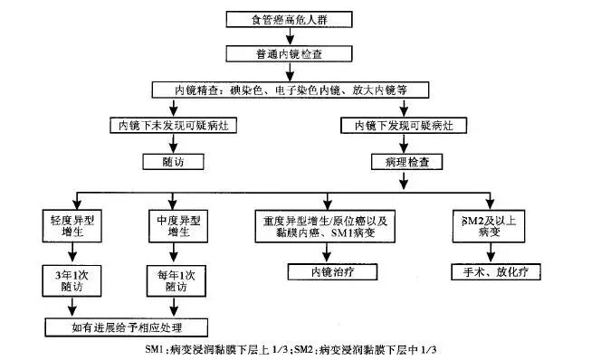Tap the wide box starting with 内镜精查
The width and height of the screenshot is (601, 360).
pyautogui.click(x=287, y=90)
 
